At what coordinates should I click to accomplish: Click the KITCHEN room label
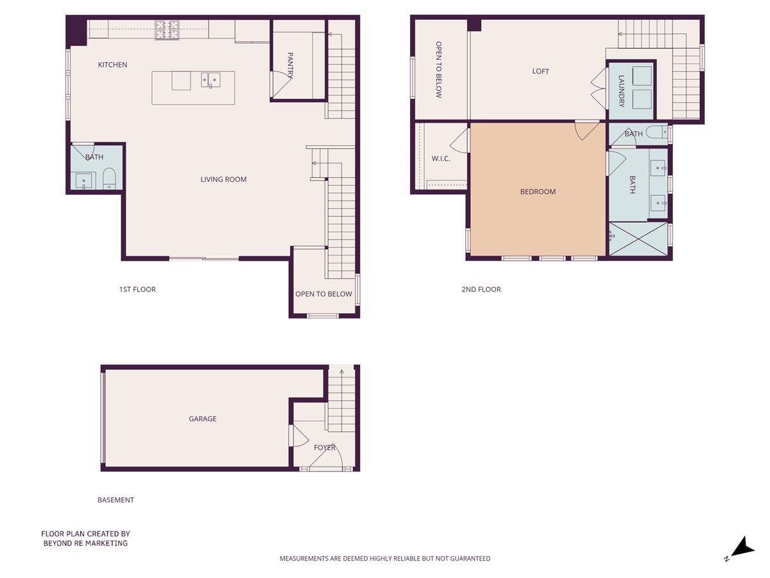112,65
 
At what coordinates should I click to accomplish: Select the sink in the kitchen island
210,80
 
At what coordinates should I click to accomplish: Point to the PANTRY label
290,66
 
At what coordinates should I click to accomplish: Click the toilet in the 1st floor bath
109,178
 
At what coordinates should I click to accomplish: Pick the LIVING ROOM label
223,180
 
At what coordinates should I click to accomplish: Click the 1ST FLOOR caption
137,290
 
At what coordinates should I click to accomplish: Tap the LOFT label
541,72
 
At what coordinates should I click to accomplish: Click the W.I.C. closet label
441,158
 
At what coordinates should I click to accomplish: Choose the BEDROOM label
538,192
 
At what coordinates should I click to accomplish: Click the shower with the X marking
638,240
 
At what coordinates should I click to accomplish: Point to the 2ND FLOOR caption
481,290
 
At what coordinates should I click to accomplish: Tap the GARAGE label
202,419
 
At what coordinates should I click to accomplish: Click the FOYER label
324,448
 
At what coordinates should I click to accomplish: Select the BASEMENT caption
116,500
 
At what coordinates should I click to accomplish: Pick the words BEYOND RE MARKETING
85,543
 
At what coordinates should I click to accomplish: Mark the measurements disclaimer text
385,559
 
